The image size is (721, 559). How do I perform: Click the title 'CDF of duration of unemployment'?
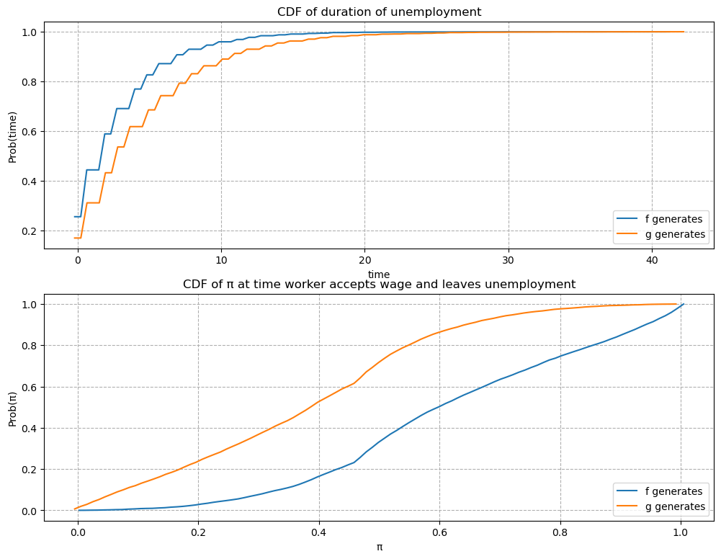(379, 12)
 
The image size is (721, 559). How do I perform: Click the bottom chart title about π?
(379, 284)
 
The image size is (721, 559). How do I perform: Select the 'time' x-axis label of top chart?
(379, 274)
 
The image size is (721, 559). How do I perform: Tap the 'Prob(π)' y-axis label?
(12, 407)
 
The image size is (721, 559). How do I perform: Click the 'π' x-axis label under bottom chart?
(379, 547)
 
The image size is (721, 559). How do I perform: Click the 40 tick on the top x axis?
(651, 260)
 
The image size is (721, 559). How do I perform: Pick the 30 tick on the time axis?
(508, 260)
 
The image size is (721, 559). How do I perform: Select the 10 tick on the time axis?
(221, 260)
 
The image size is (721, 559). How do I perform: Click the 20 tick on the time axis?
(364, 260)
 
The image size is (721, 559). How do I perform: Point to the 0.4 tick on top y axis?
(31, 182)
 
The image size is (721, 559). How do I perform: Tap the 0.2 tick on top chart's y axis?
(31, 231)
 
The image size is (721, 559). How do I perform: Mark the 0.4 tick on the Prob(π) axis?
(31, 429)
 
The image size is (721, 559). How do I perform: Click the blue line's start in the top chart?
(75, 217)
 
